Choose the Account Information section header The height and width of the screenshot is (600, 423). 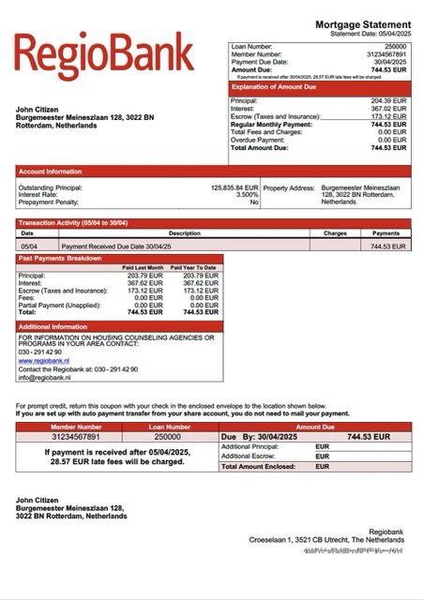[x=51, y=172]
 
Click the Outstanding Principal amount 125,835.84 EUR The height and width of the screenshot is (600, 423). [x=234, y=187]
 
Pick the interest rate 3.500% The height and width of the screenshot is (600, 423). [x=246, y=195]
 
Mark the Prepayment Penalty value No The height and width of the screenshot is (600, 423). [x=253, y=202]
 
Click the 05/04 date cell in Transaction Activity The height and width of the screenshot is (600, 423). [x=27, y=246]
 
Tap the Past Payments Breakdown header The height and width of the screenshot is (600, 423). [x=60, y=257]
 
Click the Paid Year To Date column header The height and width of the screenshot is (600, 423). [x=197, y=267]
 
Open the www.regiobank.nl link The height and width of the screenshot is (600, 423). [x=44, y=359]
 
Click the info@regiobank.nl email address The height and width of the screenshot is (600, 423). [x=46, y=379]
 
